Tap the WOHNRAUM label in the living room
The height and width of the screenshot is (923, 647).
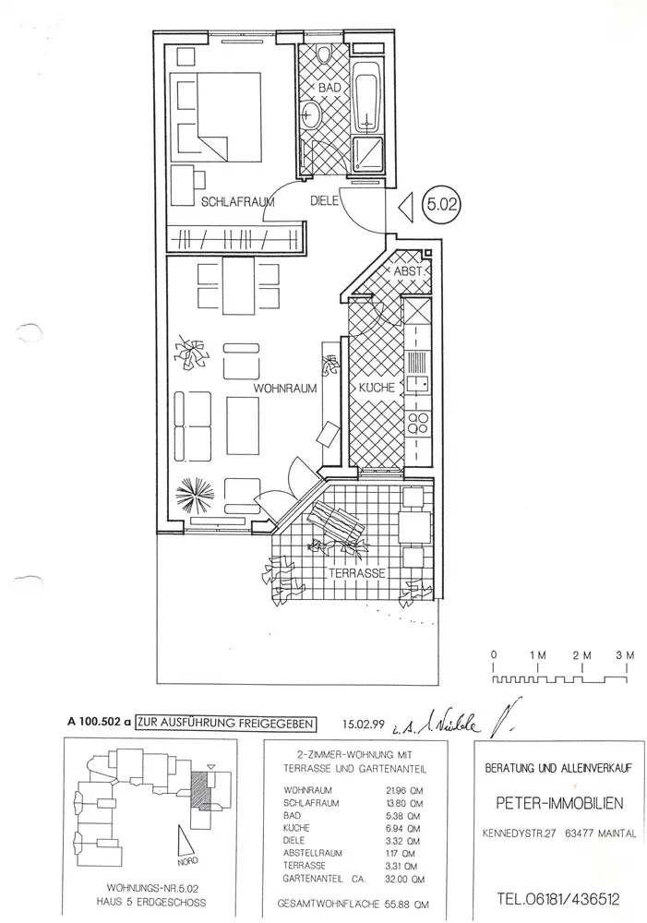point(288,389)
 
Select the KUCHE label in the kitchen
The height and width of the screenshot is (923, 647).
point(377,389)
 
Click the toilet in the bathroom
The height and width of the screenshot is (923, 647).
point(322,54)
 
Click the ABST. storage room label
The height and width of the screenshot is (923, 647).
point(408,272)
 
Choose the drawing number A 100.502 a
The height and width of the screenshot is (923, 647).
point(101,725)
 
